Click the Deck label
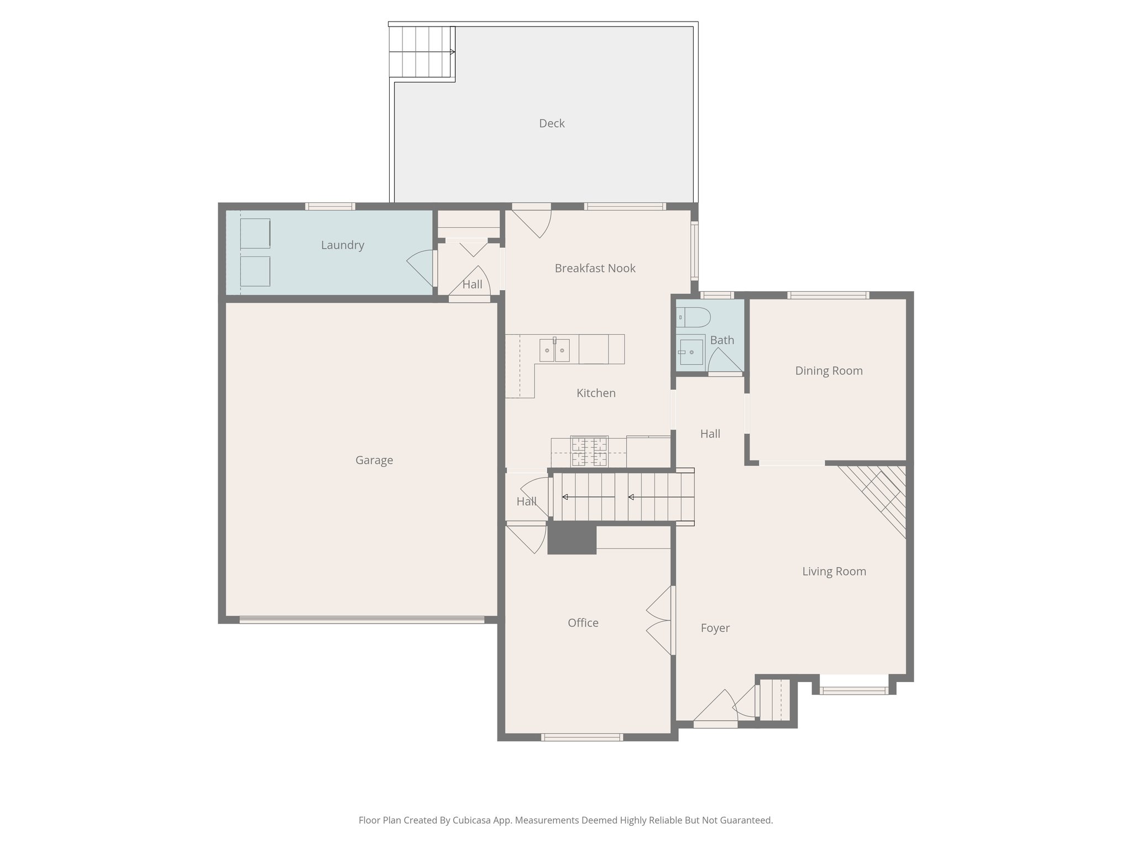pos(552,123)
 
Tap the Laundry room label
pos(342,245)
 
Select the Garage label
pos(374,460)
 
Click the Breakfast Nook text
pos(595,268)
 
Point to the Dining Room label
pos(829,371)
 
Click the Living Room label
pos(834,572)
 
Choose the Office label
pos(583,623)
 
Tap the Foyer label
pos(715,628)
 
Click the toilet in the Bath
pos(693,317)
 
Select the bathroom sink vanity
pos(691,350)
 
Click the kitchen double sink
pos(554,350)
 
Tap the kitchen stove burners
pos(589,451)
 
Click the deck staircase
pos(421,52)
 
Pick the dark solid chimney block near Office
pos(572,538)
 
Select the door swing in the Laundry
pos(421,267)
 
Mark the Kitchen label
pos(595,393)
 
